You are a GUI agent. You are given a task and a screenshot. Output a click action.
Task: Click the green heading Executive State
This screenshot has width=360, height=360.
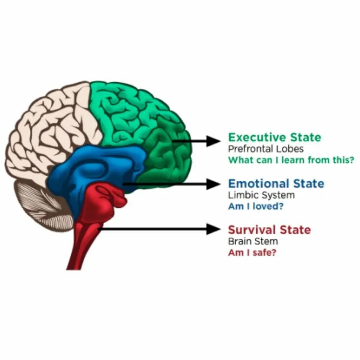click(x=274, y=137)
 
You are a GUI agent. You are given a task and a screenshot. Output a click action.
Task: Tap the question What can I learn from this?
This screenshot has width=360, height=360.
click(x=291, y=159)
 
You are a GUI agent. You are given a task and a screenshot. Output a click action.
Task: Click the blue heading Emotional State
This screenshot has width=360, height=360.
click(x=276, y=184)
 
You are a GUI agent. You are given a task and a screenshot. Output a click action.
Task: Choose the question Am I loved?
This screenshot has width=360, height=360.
click(x=256, y=206)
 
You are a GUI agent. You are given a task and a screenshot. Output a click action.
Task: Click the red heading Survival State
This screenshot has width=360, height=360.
click(x=269, y=230)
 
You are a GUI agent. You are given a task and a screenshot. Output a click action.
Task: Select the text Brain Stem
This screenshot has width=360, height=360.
click(x=252, y=242)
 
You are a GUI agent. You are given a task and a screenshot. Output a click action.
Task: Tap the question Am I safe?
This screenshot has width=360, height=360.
click(x=251, y=252)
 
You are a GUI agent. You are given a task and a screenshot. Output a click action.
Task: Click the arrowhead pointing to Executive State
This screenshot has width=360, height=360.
click(x=214, y=141)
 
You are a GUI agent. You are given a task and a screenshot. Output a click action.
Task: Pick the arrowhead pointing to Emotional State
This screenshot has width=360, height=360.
click(x=214, y=184)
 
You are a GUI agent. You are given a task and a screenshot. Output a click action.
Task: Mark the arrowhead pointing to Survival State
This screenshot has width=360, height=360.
click(x=214, y=228)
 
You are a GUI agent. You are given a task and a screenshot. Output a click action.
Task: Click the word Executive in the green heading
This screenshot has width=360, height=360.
click(x=256, y=137)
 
